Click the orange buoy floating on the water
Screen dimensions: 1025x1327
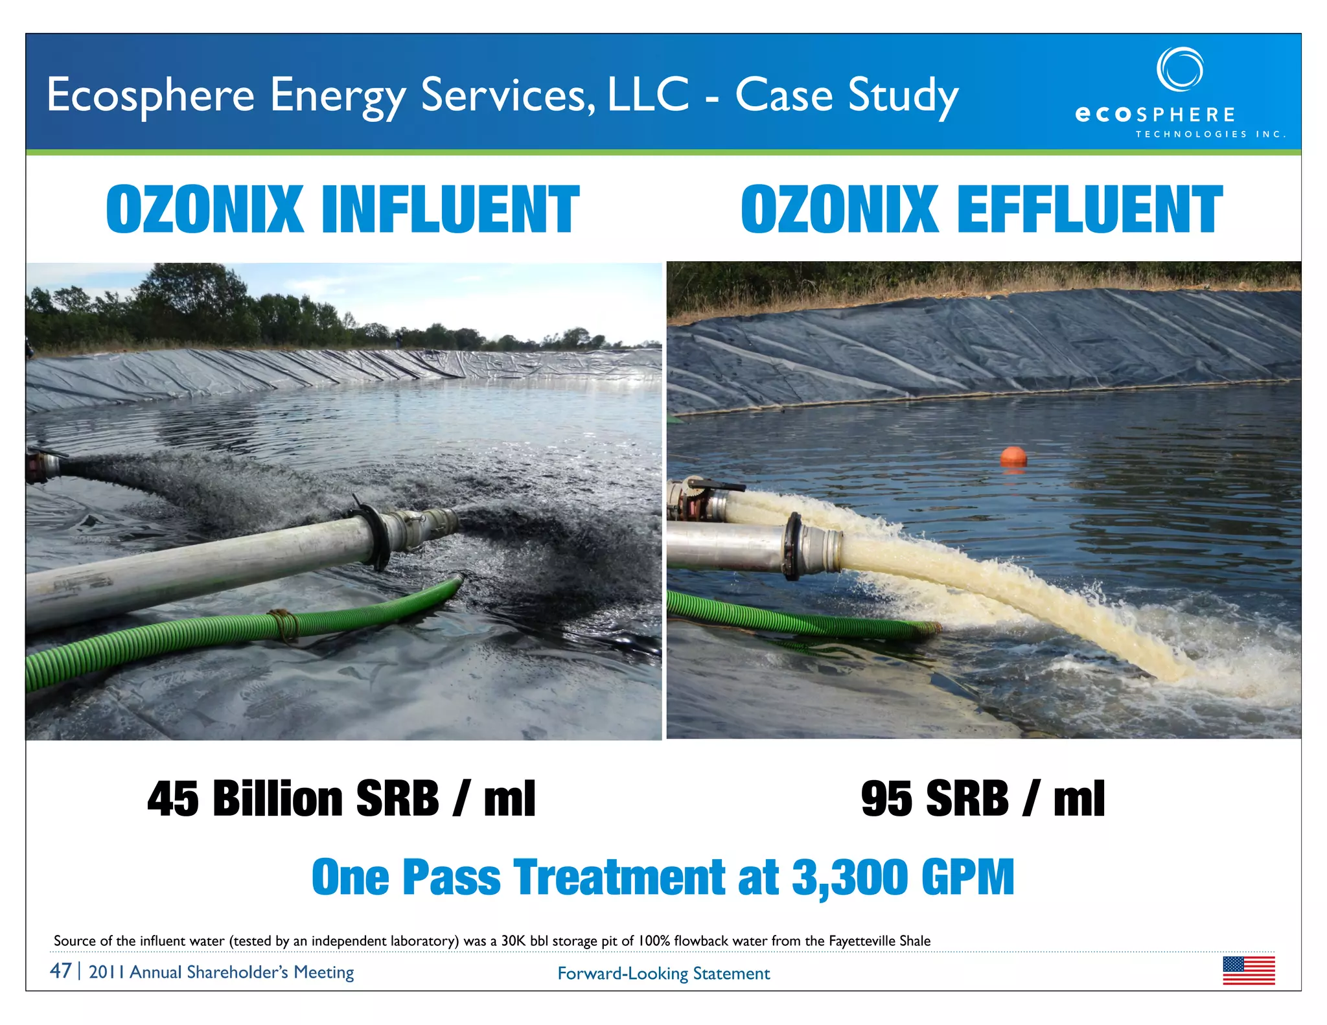click(x=1013, y=455)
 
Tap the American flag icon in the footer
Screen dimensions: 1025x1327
click(x=1249, y=971)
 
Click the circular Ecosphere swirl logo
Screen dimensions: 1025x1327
click(x=1180, y=69)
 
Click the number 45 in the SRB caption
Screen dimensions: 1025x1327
click(x=173, y=798)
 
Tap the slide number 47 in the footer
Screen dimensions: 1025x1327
click(x=61, y=971)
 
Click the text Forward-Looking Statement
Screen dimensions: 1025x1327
click(x=663, y=973)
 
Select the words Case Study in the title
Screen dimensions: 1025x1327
click(x=846, y=95)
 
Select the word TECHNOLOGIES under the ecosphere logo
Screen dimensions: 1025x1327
click(x=1191, y=134)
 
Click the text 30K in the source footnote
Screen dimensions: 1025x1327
click(x=514, y=941)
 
